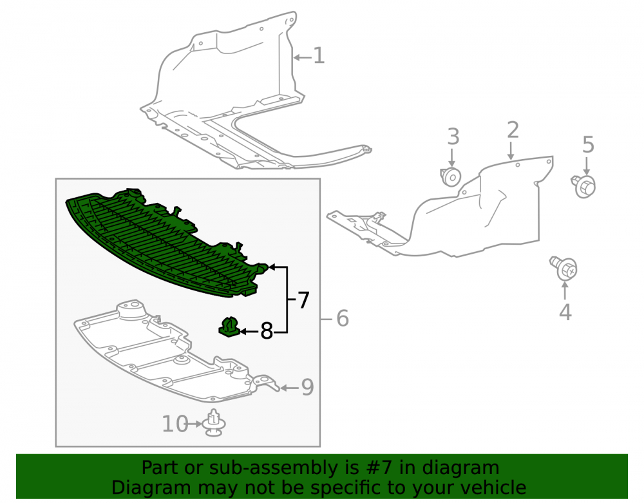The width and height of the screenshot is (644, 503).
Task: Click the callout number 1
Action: click(319, 55)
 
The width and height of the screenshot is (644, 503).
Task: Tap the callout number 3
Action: click(453, 137)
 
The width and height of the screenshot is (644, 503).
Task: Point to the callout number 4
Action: click(565, 312)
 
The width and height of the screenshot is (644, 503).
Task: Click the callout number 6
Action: click(343, 318)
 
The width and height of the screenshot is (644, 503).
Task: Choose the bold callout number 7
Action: click(303, 300)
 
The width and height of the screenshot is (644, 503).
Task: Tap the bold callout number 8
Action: click(267, 330)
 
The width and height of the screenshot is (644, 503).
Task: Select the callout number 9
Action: click(307, 387)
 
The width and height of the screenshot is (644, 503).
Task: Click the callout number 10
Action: click(175, 424)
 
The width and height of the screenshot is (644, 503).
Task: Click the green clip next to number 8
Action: click(229, 327)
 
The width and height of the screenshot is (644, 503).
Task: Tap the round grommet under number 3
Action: click(451, 177)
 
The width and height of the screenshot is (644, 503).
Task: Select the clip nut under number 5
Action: click(583, 186)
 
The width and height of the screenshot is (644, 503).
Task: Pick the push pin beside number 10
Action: click(214, 422)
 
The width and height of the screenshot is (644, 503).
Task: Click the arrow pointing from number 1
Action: click(303, 57)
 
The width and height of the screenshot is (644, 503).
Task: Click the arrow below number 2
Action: click(511, 151)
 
